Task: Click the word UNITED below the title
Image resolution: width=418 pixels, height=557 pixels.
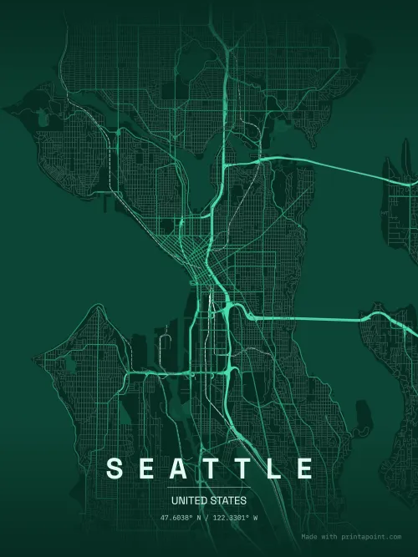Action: pyautogui.click(x=188, y=501)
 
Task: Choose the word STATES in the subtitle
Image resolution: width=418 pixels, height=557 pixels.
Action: pyautogui.click(x=230, y=501)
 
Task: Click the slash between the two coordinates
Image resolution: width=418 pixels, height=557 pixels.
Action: pyautogui.click(x=209, y=519)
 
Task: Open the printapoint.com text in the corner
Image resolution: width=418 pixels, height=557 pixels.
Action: pyautogui.click(x=373, y=537)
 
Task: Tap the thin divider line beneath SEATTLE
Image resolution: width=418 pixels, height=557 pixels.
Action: pyautogui.click(x=209, y=488)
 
